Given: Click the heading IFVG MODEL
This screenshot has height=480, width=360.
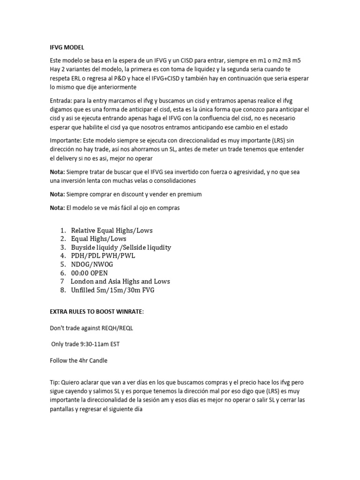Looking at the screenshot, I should [67, 47].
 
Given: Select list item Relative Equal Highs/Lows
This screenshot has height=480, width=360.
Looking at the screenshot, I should [112, 230].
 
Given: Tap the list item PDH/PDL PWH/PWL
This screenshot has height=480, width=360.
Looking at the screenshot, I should [103, 256].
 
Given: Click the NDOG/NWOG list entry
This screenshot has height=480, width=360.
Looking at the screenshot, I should [93, 264].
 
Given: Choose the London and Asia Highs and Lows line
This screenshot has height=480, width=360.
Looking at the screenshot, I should [120, 281].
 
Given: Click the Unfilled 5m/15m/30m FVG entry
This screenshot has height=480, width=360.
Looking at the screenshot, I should [112, 290].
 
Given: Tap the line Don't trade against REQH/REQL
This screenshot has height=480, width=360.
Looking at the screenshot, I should [91, 328].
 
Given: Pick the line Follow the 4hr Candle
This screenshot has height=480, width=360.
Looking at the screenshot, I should [79, 361].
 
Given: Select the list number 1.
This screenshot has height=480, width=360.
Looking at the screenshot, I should [63, 230].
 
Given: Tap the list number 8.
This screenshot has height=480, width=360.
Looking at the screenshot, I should [63, 290].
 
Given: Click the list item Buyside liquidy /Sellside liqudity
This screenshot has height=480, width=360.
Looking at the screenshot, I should [121, 247].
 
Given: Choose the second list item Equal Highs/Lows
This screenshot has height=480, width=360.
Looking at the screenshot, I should [98, 239].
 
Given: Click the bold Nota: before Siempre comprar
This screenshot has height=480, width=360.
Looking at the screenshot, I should [57, 194].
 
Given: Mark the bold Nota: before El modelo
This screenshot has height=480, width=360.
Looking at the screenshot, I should [57, 208].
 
